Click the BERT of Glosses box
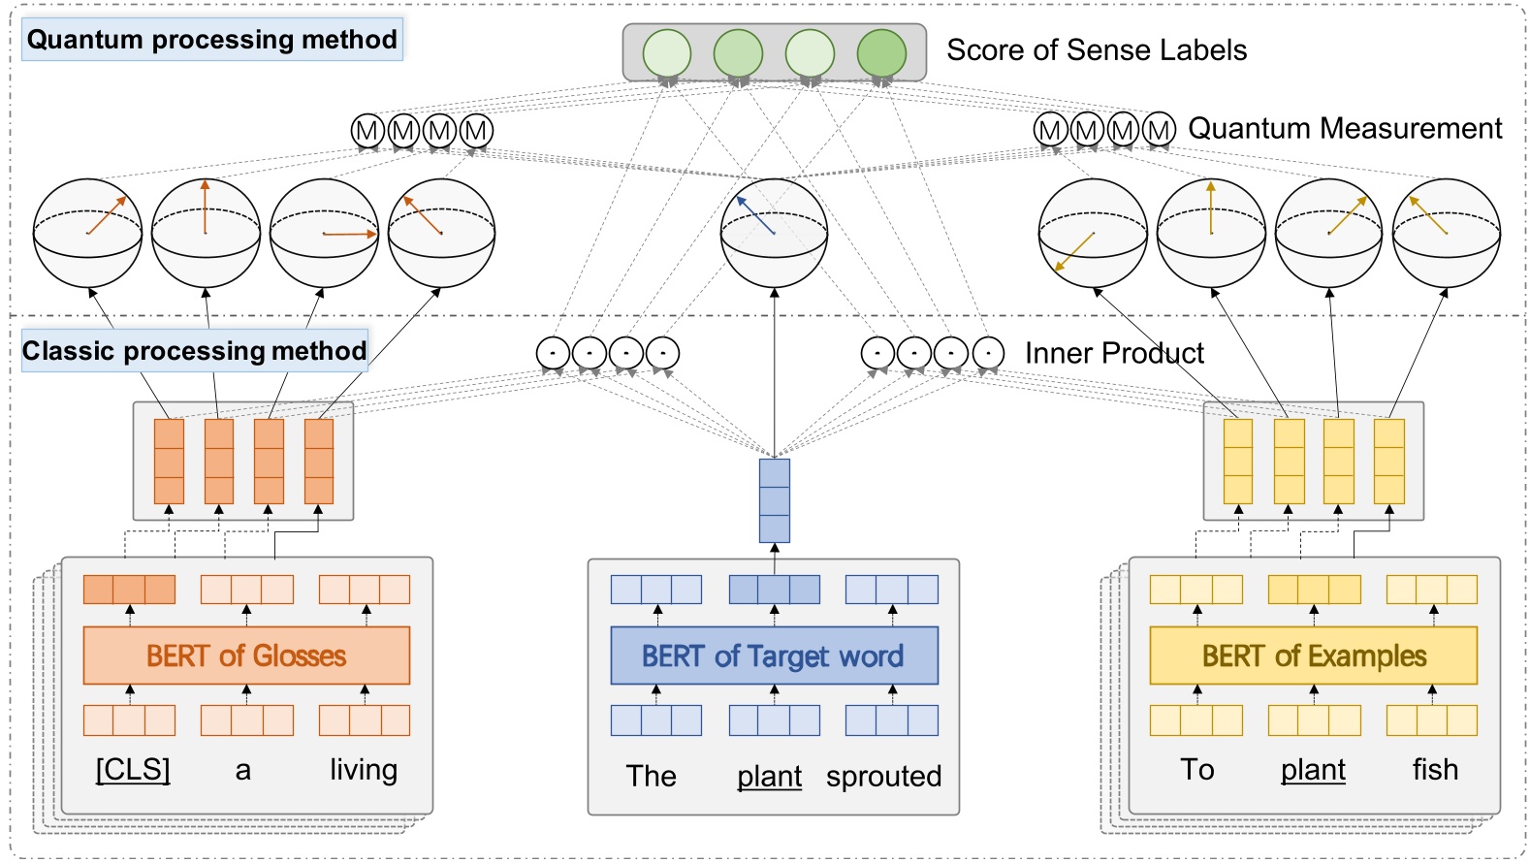tap(246, 655)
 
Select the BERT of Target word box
tap(774, 655)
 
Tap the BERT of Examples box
tap(1313, 655)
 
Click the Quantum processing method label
tap(211, 40)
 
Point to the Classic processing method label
tap(194, 351)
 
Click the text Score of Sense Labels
tap(1096, 50)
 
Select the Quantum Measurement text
tap(1344, 128)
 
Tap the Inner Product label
tap(1113, 353)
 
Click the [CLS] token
tap(133, 770)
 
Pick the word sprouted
tap(883, 777)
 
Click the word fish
tap(1434, 770)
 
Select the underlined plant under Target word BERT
tap(769, 777)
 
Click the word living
tap(364, 770)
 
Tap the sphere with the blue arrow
tap(774, 233)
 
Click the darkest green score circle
tap(881, 53)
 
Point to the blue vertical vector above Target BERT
tap(774, 500)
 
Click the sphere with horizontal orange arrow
tap(324, 233)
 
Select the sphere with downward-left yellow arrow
tap(1093, 233)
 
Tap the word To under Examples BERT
tap(1196, 770)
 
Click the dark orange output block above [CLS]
tap(129, 590)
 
